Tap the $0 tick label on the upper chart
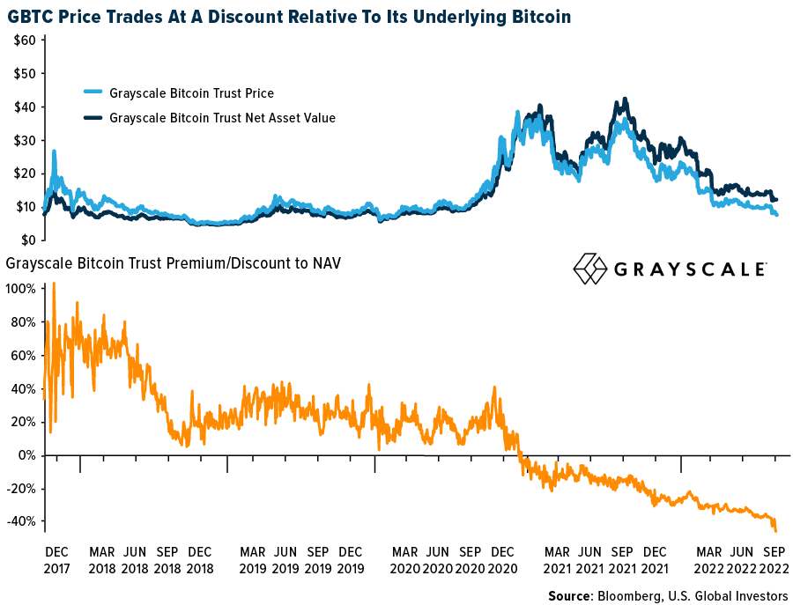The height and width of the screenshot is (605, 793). click(x=28, y=240)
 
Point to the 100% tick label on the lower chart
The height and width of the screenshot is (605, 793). click(x=21, y=289)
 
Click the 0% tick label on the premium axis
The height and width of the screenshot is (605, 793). click(x=26, y=455)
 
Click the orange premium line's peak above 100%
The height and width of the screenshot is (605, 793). click(x=55, y=284)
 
